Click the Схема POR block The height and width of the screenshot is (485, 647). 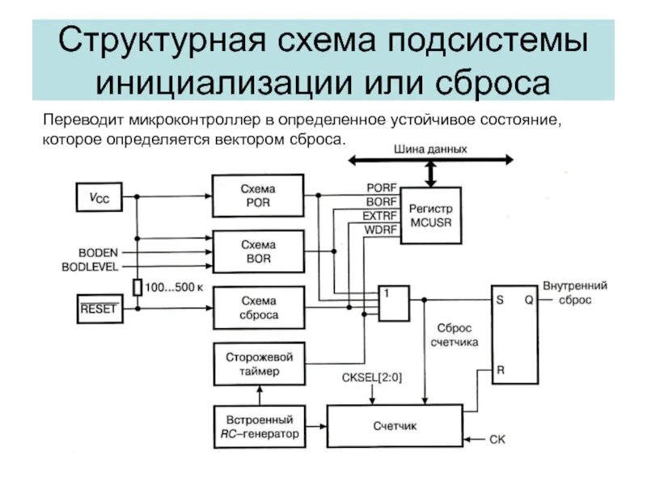(x=258, y=196)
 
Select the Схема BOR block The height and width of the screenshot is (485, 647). (x=258, y=251)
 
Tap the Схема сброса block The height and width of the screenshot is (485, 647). (x=258, y=308)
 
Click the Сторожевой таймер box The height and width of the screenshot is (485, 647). (x=258, y=364)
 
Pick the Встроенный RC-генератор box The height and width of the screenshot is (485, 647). (x=258, y=426)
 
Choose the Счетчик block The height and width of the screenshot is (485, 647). (x=394, y=426)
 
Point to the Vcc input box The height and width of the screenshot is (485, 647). (x=99, y=196)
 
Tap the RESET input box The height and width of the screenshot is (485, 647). (x=99, y=308)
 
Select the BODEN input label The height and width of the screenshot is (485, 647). (x=98, y=252)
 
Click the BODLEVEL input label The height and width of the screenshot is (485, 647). (x=90, y=266)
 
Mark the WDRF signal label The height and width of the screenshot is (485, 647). (x=381, y=230)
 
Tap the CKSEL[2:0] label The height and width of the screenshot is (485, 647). (x=371, y=377)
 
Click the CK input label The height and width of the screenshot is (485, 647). (x=497, y=440)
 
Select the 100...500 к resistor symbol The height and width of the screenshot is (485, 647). (x=137, y=287)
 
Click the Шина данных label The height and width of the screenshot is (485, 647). (x=430, y=150)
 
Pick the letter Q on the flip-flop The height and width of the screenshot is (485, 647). (x=529, y=298)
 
